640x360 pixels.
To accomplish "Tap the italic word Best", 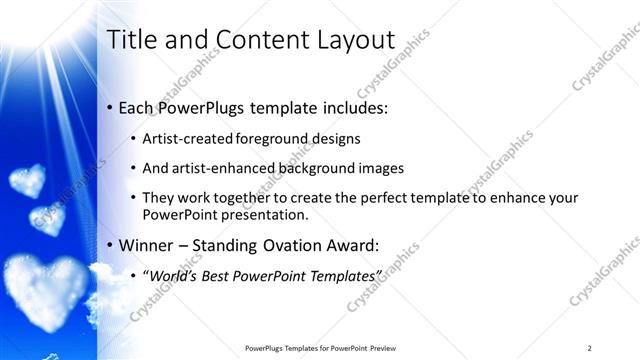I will (x=220, y=274).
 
